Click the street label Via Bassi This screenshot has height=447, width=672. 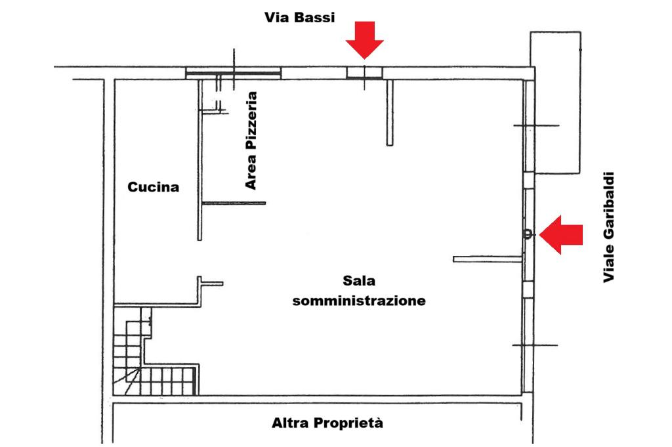299,18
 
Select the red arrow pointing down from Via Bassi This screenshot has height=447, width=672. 365,39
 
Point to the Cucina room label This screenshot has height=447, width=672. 153,188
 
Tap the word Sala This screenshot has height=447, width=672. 358,281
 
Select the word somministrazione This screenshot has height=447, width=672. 359,302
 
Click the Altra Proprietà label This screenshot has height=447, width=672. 327,423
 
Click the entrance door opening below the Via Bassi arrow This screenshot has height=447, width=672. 364,72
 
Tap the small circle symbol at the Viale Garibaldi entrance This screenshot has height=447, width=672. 527,234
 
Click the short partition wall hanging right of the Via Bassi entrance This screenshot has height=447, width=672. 389,112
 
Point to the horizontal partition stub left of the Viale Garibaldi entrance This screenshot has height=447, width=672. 488,259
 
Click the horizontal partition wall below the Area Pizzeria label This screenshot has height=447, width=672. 234,203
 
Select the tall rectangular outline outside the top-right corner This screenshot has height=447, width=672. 556,102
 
